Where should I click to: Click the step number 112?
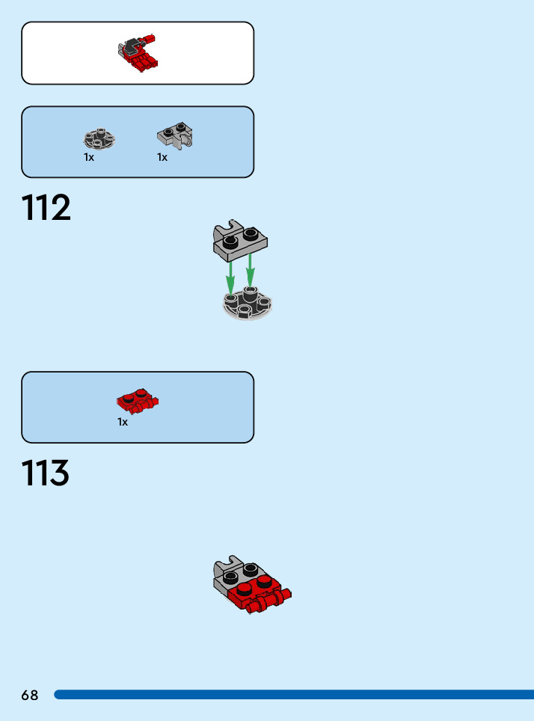46,208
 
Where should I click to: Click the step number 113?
46,473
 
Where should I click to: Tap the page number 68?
30,695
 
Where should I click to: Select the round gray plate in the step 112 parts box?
99,139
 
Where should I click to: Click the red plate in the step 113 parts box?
138,402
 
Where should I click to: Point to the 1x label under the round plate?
89,158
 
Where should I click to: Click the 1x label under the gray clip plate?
162,158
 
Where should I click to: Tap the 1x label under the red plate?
123,423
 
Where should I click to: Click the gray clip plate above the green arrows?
239,239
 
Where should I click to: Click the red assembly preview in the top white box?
138,53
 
